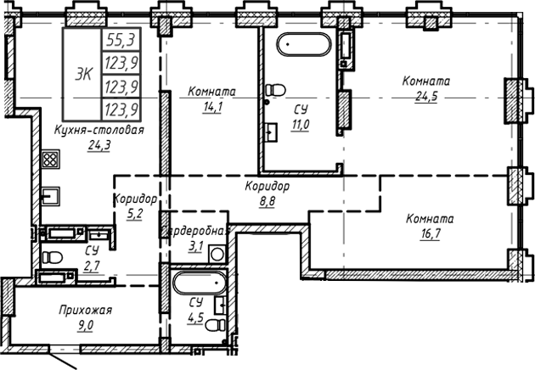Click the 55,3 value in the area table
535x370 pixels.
121,39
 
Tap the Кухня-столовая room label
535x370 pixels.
98,130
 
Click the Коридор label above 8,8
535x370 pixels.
267,187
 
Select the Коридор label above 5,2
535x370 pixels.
135,199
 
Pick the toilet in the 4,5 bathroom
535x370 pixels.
220,306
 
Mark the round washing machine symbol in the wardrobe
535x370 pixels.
217,254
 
